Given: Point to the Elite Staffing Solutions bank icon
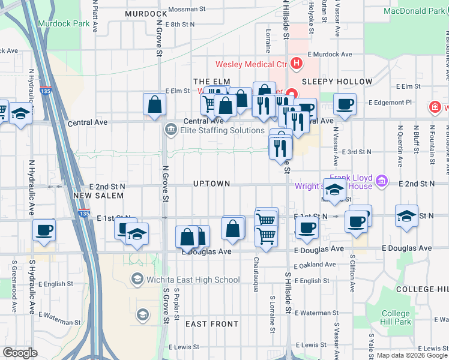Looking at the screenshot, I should tap(170, 130).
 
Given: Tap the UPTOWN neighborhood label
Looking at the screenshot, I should tap(212, 183).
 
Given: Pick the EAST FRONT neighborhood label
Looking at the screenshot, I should tap(212, 324).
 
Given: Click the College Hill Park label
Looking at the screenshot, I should tap(396, 318).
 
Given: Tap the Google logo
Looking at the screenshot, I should tap(20, 353).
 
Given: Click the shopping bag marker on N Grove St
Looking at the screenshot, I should tap(155, 104).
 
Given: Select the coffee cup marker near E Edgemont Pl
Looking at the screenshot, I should tap(345, 104).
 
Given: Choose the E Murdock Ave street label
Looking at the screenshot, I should tap(328, 54).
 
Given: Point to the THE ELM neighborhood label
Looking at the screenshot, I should tap(208, 82).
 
